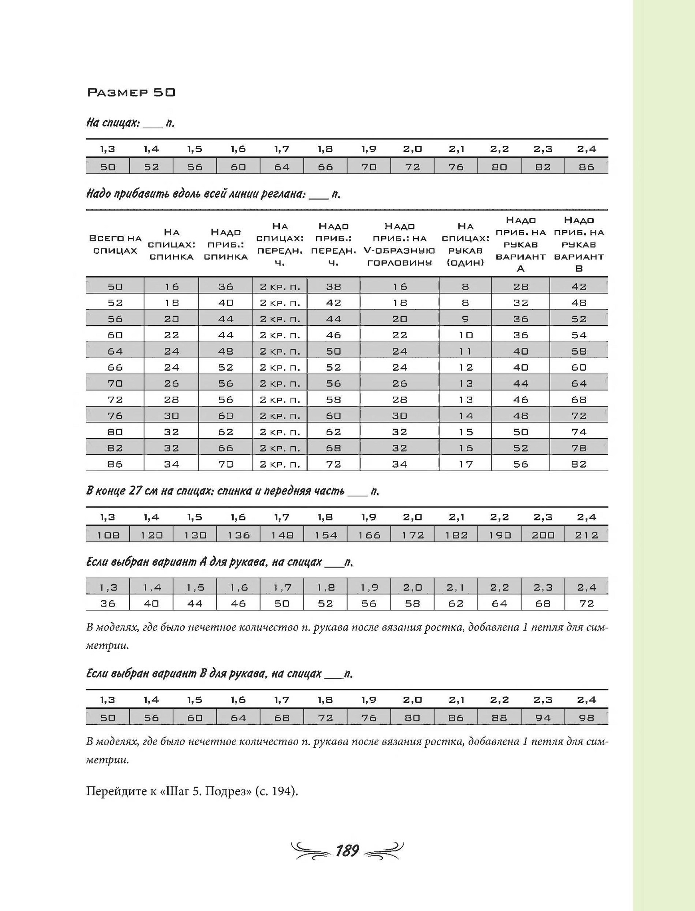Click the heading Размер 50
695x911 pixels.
[130, 92]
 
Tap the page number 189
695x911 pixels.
[347, 850]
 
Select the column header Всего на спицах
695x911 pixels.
[115, 244]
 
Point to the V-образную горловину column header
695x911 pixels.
[400, 244]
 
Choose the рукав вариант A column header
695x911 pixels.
[521, 244]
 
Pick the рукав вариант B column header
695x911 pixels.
[579, 244]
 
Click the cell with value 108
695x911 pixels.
[108, 535]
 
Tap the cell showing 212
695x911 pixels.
[586, 535]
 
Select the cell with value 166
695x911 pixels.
[369, 535]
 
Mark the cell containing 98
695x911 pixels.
[586, 718]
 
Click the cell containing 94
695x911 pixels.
[543, 718]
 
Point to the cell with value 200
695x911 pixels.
[543, 535]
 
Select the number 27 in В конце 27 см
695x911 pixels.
[136, 491]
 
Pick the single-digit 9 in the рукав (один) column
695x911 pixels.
[465, 319]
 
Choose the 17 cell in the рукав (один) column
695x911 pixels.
[465, 464]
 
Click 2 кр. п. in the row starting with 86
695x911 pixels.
[280, 464]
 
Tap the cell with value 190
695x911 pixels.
[500, 535]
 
